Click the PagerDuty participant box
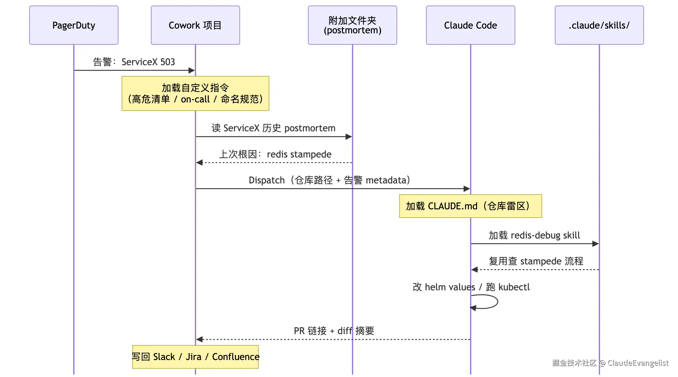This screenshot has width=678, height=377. (x=74, y=25)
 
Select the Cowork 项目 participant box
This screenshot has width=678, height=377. (x=195, y=25)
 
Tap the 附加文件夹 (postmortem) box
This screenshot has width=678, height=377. (x=352, y=25)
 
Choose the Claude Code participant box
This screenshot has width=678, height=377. (x=470, y=25)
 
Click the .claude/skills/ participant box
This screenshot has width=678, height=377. (x=599, y=25)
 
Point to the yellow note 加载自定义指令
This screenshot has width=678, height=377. (x=195, y=94)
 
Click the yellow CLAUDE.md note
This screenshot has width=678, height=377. (x=470, y=206)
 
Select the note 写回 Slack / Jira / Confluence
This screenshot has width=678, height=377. (x=195, y=357)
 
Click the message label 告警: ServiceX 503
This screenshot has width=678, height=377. (x=134, y=62)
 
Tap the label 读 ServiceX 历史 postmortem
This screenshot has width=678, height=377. (x=274, y=128)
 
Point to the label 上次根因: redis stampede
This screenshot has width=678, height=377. (x=275, y=154)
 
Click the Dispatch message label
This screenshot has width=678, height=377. (x=329, y=180)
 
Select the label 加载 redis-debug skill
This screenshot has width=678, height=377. (x=534, y=235)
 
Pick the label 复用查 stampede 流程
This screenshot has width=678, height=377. (x=536, y=261)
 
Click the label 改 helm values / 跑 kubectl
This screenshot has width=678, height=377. (x=471, y=287)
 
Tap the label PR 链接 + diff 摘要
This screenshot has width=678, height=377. (x=334, y=331)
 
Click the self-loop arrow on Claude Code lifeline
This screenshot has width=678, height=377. (x=498, y=302)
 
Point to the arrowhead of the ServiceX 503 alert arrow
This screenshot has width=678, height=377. (x=192, y=71)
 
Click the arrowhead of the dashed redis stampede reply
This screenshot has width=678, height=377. (x=199, y=163)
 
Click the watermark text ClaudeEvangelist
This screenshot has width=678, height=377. (x=638, y=363)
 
